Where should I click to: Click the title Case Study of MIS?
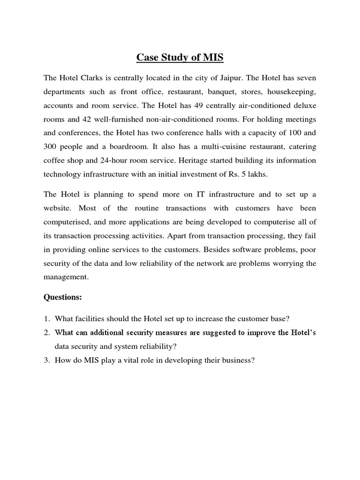pyautogui.click(x=180, y=58)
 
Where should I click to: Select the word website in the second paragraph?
pyautogui.click(x=59, y=208)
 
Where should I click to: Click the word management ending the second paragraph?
pyautogui.click(x=65, y=277)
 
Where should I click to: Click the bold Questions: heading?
pyautogui.click(x=62, y=297)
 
